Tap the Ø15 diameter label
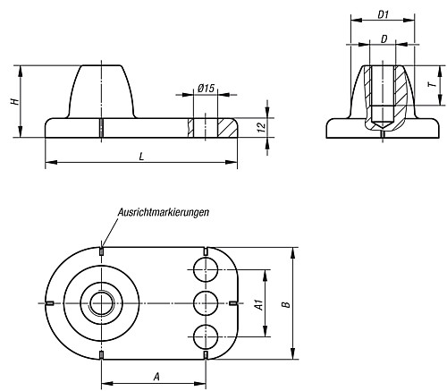pos(206,87)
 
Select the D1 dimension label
pos(382,14)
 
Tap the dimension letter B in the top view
pos(286,304)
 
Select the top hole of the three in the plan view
pos(206,267)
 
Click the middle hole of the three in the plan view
pos(206,302)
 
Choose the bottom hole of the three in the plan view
pos(206,338)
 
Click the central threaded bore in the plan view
pos(101,302)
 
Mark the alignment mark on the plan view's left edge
pos(50,302)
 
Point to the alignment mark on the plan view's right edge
pos(233,302)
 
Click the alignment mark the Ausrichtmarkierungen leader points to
pos(102,251)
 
